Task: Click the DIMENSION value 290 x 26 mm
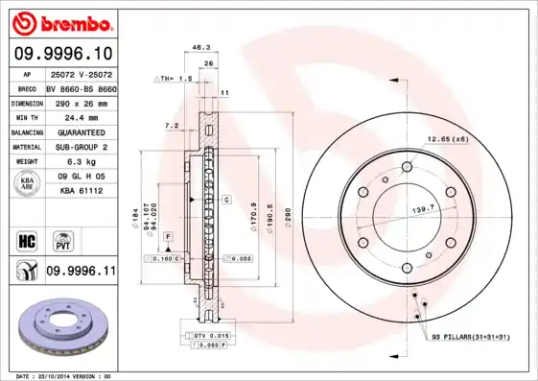80,102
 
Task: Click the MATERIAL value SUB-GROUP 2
80,146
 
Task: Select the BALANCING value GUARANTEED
80,131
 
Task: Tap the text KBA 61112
80,192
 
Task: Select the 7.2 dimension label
171,126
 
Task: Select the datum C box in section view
227,199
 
